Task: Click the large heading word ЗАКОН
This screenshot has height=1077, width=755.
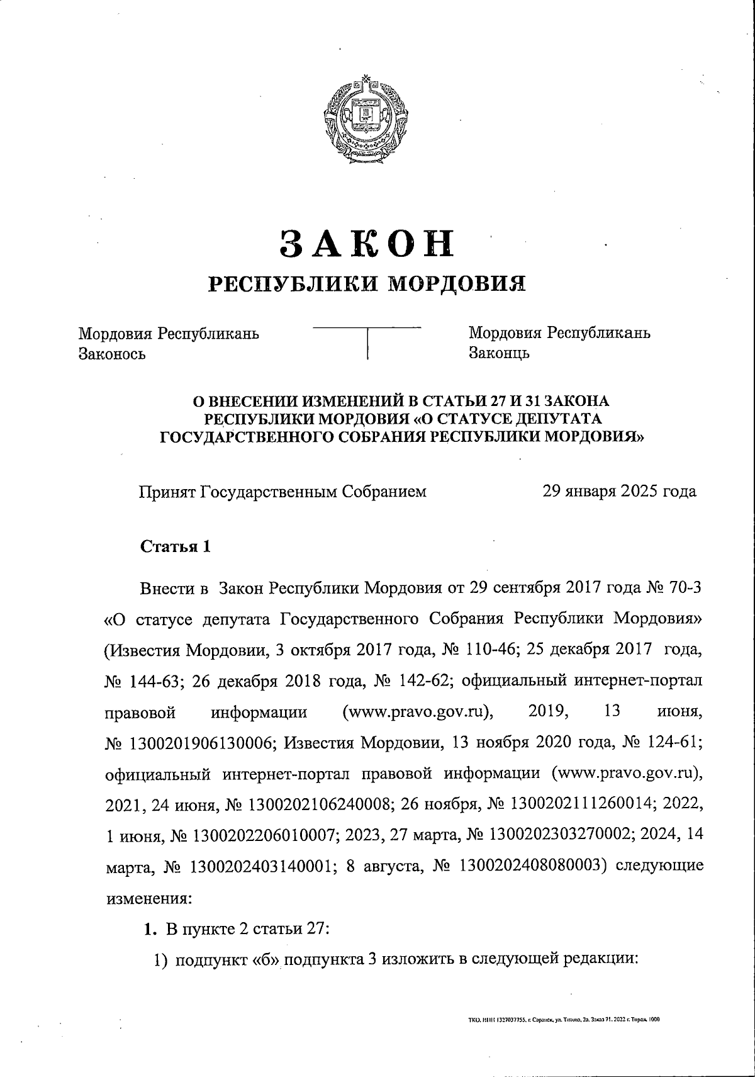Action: (x=367, y=243)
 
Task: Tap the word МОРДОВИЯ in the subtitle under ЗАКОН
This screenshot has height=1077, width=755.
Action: (x=455, y=285)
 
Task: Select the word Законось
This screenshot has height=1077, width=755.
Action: (x=112, y=354)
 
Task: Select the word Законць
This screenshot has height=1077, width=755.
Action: (x=500, y=353)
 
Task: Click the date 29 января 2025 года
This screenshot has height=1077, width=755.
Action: (x=619, y=492)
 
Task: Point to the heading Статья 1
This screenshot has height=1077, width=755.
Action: (x=175, y=546)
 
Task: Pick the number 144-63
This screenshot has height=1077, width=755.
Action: (x=157, y=682)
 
